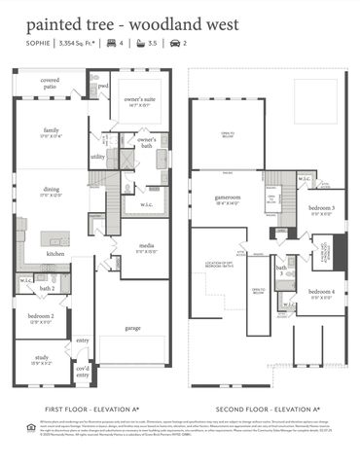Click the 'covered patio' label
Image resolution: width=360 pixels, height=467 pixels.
pyautogui.click(x=49, y=84)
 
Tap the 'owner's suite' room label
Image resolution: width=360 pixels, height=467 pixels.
pyautogui.click(x=136, y=101)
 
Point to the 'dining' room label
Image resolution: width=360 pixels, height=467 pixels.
pyautogui.click(x=52, y=194)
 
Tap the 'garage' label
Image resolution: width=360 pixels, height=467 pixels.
pyautogui.click(x=132, y=328)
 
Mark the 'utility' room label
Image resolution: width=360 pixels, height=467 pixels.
pyautogui.click(x=97, y=156)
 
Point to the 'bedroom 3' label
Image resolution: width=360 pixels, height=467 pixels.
pyautogui.click(x=321, y=209)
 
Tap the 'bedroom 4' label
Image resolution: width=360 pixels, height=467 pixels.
pyautogui.click(x=321, y=293)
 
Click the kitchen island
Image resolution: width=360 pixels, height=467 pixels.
pyautogui.click(x=54, y=238)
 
